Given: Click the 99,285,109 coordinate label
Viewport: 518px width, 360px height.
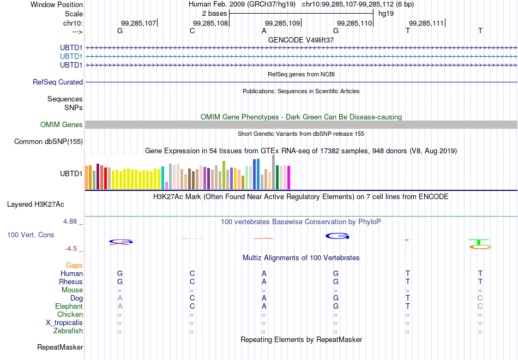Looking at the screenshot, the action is pos(282,23).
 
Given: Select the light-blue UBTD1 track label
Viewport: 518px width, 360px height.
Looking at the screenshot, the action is pos(71,56).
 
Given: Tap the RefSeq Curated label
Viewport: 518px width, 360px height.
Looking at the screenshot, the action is pos(58,82).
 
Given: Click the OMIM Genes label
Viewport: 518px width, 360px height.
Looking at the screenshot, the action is pos(62,124).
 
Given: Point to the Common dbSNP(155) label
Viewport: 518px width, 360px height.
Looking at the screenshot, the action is pos(49,141).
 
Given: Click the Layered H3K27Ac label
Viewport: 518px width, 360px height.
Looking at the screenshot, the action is pos(35,205).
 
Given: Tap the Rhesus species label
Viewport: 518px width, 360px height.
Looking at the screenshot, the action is pos(71,281).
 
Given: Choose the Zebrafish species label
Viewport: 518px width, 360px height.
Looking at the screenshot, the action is pos(68,331).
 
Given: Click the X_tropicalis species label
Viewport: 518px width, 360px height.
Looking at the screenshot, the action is pos(64,323).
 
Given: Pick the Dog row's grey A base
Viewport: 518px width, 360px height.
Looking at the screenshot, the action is pos(120,298).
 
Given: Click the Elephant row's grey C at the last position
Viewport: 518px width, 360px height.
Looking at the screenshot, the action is pos(480,307).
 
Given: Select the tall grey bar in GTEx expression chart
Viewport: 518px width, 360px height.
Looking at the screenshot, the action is pos(274,172).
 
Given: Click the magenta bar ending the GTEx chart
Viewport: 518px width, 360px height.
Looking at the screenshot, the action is pos(289,177).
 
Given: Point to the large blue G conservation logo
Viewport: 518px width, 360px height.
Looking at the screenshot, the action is pos(338,236).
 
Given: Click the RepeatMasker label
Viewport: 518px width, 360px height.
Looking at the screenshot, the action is pos(60,347).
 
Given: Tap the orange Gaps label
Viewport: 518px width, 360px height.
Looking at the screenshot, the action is pos(74,266).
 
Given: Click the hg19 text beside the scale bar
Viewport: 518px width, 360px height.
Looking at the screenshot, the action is pos(386,14).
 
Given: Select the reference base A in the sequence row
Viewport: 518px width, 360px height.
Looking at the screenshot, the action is pos(264,31).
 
